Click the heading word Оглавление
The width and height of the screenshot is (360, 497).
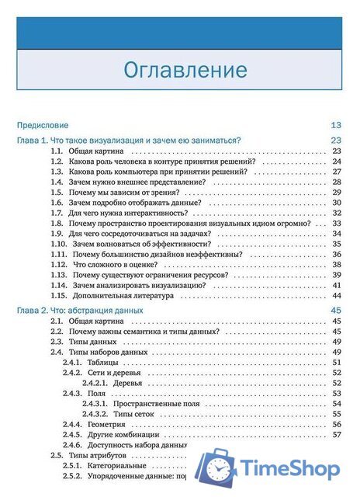click(185, 70)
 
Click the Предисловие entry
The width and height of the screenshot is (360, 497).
click(43, 125)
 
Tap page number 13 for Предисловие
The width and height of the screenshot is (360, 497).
click(336, 125)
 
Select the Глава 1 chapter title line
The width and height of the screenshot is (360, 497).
click(129, 140)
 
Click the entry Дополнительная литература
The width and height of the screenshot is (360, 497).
click(120, 296)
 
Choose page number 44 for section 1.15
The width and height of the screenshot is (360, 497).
click(337, 296)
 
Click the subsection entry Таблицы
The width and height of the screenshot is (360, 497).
click(102, 362)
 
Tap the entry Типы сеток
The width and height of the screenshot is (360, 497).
click(133, 414)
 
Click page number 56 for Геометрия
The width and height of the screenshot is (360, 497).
click(337, 425)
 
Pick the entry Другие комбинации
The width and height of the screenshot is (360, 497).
click(123, 435)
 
